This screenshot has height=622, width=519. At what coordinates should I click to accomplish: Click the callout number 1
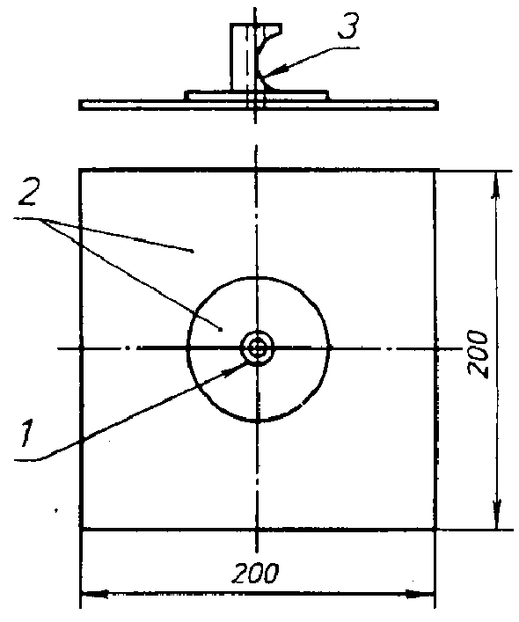[27, 434]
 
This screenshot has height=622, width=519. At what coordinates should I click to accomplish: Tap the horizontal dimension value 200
[255, 573]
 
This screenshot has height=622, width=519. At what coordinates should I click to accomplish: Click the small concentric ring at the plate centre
[258, 348]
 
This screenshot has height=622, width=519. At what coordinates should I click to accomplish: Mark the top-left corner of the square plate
[80, 170]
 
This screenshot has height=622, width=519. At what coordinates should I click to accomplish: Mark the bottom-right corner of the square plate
[435, 529]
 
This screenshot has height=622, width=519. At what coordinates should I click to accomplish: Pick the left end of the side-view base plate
[80, 105]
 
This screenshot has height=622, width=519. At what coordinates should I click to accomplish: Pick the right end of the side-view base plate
[437, 105]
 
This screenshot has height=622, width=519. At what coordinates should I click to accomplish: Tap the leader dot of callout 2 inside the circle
[221, 329]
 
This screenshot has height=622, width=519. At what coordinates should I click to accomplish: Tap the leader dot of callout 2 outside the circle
[193, 251]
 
